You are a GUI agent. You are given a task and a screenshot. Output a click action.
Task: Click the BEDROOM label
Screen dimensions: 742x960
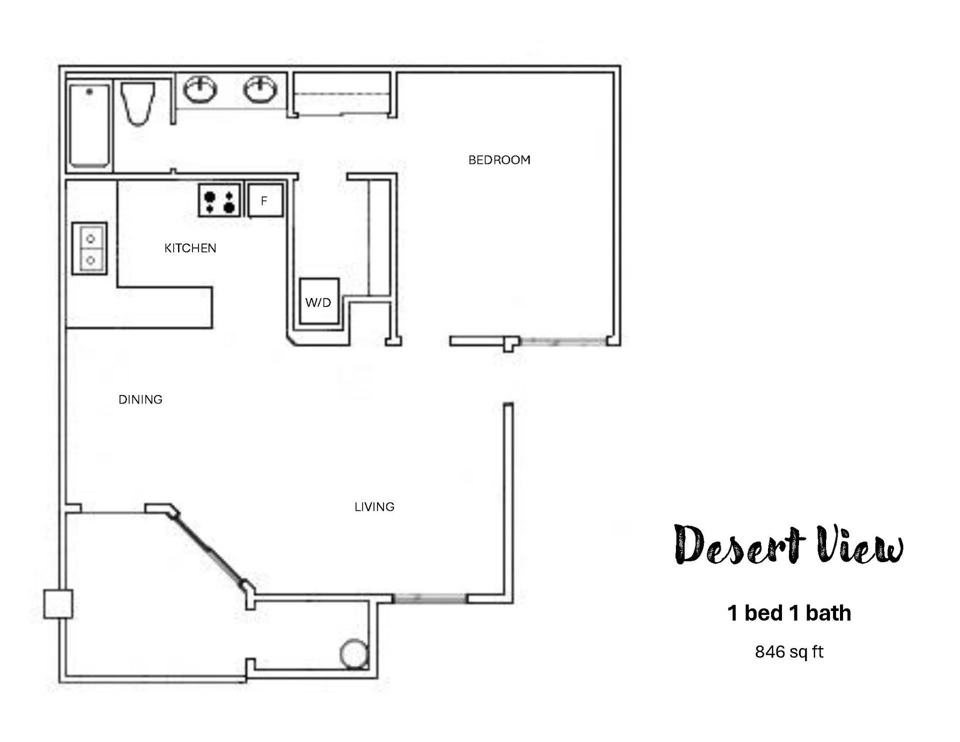click(499, 160)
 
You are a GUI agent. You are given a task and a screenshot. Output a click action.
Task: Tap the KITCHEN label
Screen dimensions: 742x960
click(190, 248)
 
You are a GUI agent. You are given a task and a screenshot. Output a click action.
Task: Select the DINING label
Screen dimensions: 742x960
click(140, 399)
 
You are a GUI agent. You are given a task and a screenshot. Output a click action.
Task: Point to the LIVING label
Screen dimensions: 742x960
click(374, 507)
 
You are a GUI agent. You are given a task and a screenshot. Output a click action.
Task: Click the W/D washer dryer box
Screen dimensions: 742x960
click(319, 301)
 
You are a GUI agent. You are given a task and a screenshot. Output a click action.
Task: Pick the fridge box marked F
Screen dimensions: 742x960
click(265, 200)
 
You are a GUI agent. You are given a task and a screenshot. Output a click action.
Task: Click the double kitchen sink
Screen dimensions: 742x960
click(90, 248)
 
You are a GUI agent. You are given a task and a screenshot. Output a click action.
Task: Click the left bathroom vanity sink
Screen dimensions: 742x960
click(200, 90)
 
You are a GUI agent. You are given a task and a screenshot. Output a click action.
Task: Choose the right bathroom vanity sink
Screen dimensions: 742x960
click(260, 90)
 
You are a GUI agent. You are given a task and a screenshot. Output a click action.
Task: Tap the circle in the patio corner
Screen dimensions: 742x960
click(354, 653)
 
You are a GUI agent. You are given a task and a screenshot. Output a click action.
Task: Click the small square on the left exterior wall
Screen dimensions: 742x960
click(58, 604)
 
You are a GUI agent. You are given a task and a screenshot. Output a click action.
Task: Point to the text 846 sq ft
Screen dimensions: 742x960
click(789, 652)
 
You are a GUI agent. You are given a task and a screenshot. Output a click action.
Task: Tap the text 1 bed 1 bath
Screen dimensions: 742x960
click(789, 613)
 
